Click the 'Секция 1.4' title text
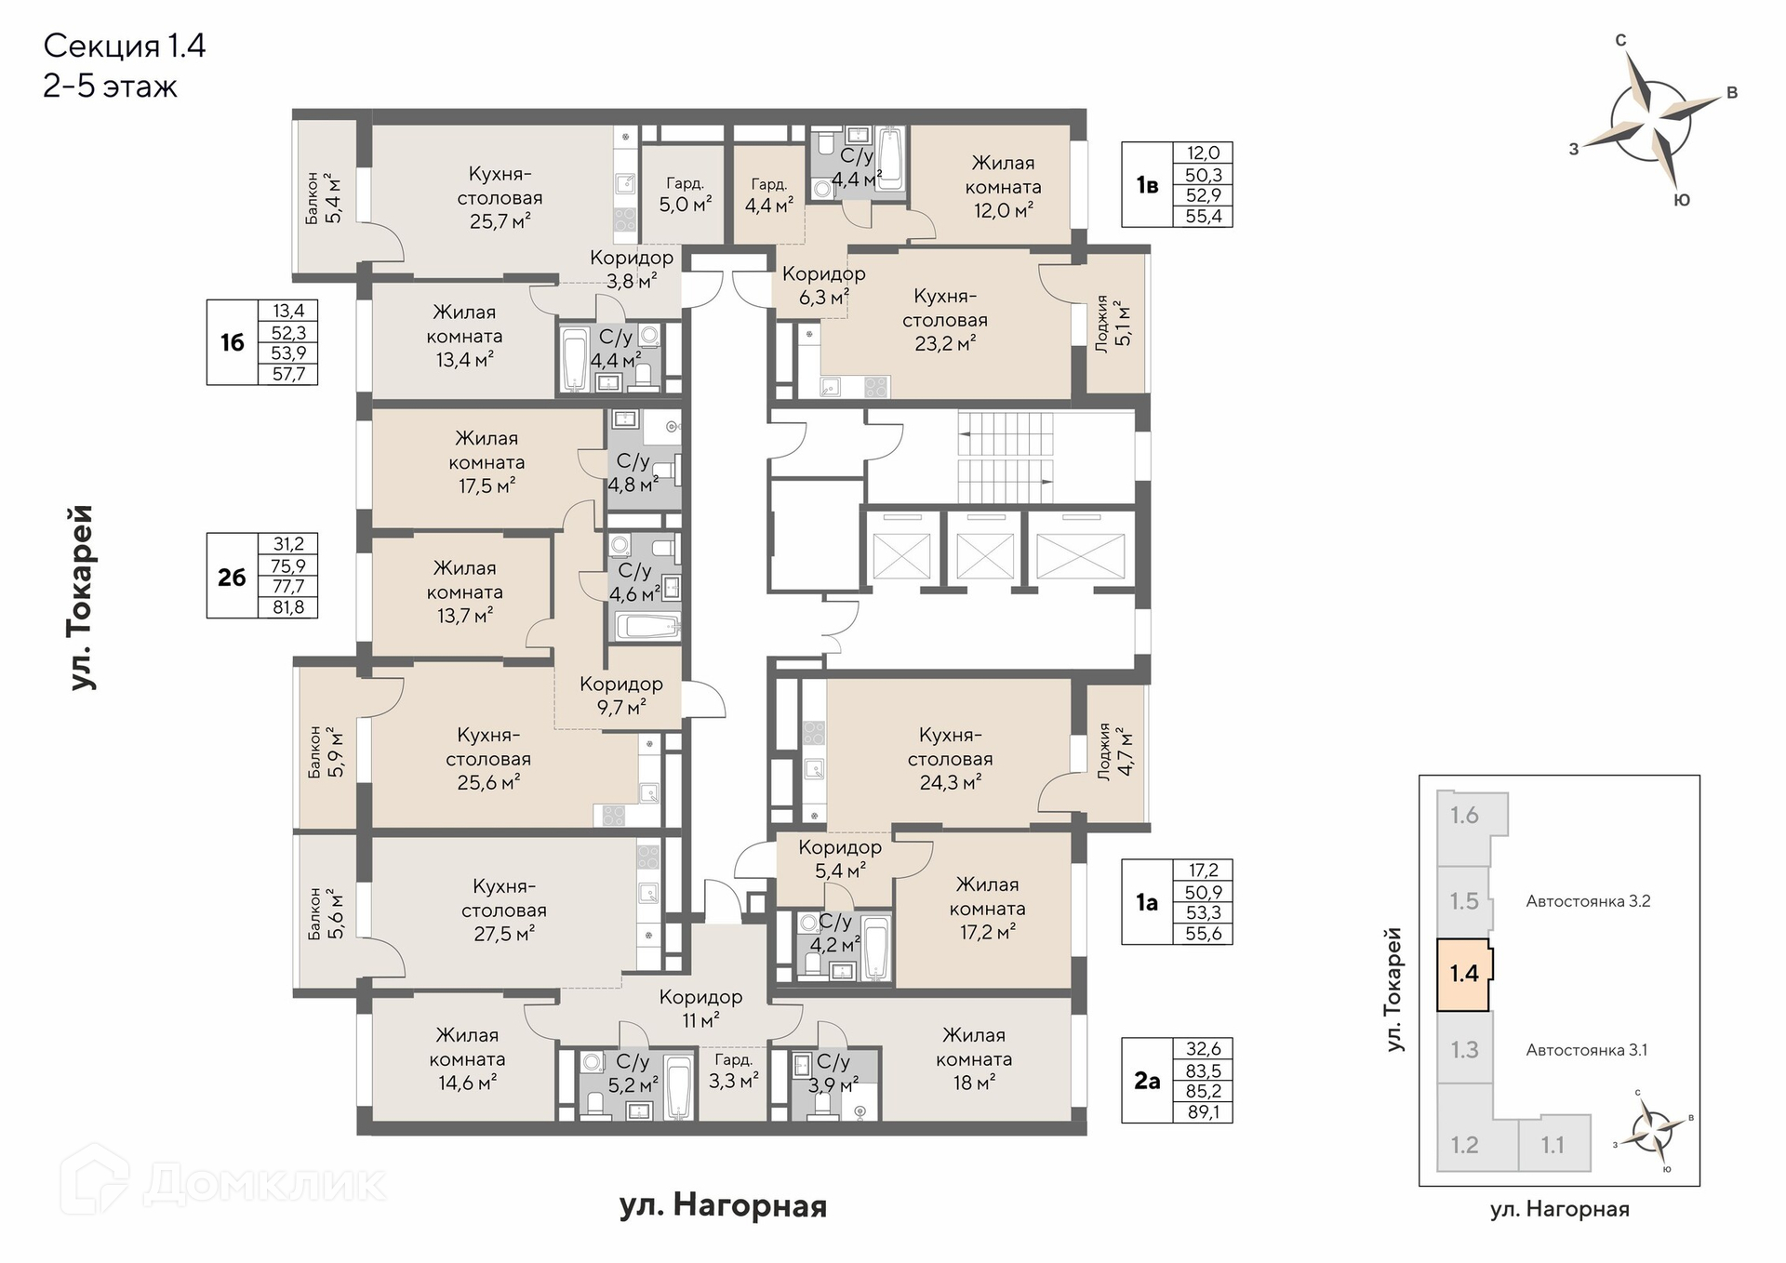(125, 46)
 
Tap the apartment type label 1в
(1147, 185)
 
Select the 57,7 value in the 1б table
(288, 374)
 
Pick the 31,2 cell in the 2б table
(288, 543)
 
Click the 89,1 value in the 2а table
(1203, 1111)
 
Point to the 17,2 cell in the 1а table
(1203, 871)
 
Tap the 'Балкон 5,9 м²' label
(327, 752)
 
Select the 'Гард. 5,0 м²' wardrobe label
(686, 194)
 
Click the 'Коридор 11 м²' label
(700, 1008)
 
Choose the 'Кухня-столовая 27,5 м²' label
(504, 910)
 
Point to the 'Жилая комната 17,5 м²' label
(486, 461)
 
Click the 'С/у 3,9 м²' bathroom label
(833, 1072)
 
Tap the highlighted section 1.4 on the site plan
(1464, 974)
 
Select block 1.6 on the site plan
(1464, 816)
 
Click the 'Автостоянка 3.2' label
(1588, 900)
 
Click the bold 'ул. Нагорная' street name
(723, 1206)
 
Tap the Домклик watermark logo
(223, 1182)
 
